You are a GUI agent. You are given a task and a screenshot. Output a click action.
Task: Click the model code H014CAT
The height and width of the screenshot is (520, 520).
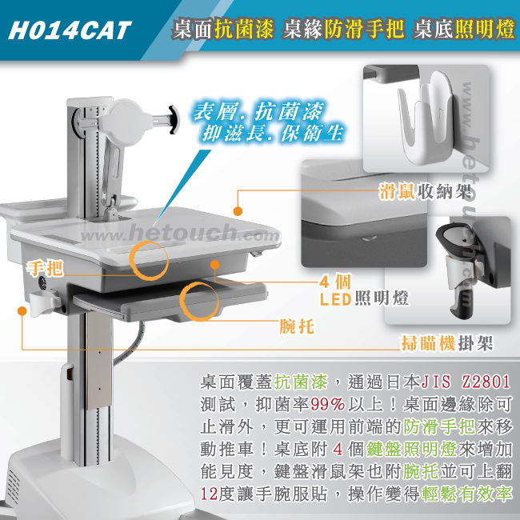coord(70,30)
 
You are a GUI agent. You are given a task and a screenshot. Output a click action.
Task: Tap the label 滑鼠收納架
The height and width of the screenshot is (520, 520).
coord(425,191)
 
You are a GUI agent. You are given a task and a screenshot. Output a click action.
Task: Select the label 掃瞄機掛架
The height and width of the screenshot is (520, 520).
coord(447,342)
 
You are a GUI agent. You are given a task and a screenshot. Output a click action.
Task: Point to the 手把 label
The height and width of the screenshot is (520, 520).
coord(45,268)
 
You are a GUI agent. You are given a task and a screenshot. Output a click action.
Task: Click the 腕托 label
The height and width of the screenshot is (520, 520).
coord(297,326)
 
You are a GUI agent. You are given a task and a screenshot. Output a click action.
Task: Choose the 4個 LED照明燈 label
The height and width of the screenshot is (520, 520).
coord(364,290)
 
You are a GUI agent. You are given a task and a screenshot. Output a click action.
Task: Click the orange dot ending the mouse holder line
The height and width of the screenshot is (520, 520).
coord(238,211)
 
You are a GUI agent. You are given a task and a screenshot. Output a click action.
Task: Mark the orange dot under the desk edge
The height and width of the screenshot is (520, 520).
coord(215,265)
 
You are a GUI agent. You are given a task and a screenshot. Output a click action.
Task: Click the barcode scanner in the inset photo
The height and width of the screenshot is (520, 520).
coord(461,269)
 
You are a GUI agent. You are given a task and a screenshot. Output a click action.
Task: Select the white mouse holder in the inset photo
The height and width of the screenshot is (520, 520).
coord(426,116)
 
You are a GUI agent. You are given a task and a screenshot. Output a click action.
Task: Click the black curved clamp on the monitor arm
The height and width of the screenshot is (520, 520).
coord(174,120)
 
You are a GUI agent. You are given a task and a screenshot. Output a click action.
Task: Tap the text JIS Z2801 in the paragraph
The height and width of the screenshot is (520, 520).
coord(466,382)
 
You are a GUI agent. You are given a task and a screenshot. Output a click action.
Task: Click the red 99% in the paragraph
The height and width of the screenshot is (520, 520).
coord(327,405)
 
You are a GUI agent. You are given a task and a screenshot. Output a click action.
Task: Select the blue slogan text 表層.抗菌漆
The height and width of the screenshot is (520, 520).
coord(258,111)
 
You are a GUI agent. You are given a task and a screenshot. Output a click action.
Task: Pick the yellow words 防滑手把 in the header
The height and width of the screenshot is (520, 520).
coord(364,30)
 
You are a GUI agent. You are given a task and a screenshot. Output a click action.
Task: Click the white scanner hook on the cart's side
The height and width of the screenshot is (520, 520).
coord(43,302)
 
